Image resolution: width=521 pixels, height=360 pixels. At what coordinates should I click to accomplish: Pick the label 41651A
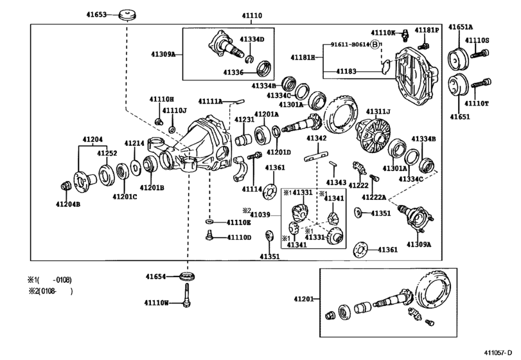(461, 28)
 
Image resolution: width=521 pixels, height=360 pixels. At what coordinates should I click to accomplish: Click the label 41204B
(67, 204)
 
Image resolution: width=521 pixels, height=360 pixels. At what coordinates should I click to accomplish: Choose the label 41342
(317, 138)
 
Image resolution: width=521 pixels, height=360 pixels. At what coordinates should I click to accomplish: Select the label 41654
(156, 277)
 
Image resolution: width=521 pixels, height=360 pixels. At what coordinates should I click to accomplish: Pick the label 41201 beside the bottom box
(303, 298)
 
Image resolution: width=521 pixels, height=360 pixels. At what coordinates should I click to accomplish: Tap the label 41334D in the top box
(252, 40)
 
